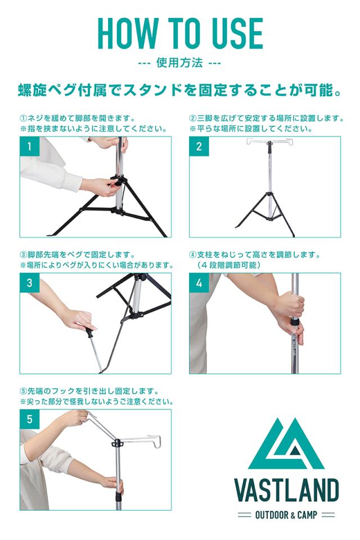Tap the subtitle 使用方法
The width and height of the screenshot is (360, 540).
pos(179,64)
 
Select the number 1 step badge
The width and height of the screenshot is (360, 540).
pos(30,146)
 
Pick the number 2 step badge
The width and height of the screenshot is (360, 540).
pos(199,146)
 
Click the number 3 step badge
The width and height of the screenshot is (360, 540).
pos(30,283)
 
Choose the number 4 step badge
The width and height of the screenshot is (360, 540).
pos(199,283)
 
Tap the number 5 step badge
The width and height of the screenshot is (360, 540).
pos(30,419)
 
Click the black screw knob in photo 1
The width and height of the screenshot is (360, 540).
pos(116,181)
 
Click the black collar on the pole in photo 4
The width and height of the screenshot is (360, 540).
pos(294,323)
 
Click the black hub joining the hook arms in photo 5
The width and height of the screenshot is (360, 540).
pos(117,443)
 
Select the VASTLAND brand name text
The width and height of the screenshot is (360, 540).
pos(287,490)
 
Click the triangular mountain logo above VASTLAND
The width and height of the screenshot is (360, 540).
pos(287,444)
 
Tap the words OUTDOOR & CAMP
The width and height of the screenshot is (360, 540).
pos(286,515)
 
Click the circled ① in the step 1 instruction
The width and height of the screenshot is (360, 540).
pos(23,119)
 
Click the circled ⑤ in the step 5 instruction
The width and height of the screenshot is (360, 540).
pos(23,391)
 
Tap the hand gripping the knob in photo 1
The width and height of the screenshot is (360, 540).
pos(99,186)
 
